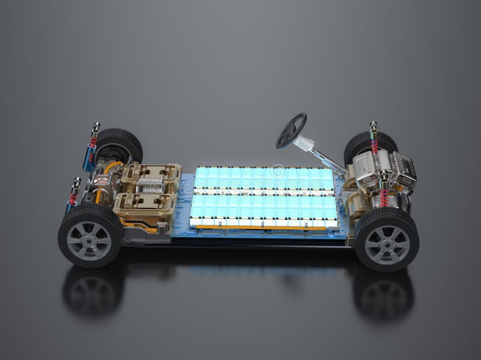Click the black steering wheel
(x=291, y=130)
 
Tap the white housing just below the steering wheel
(x=305, y=144)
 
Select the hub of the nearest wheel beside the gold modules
(x=89, y=240)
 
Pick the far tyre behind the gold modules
(x=121, y=144)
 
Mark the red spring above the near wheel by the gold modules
(x=73, y=198)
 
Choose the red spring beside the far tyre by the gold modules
(x=93, y=144)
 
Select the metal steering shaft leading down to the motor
(x=328, y=159)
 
